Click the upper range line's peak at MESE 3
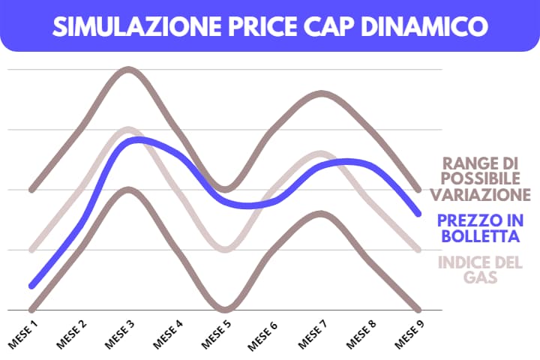coord(128,70)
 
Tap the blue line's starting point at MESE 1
coord(31,286)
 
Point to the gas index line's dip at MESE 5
coord(224,249)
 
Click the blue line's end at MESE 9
coord(418,214)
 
